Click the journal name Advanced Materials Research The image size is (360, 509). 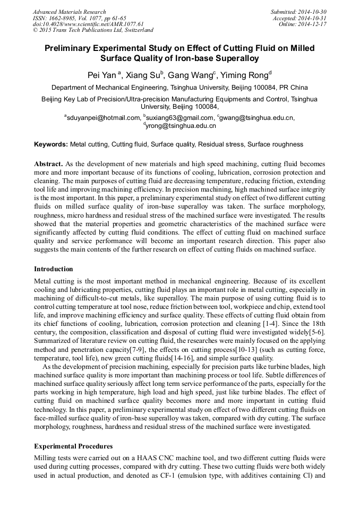pyautogui.click(x=70, y=12)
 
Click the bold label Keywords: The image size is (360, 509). pyautogui.click(x=51, y=144)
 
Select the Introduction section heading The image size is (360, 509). pyautogui.click(x=54, y=269)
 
